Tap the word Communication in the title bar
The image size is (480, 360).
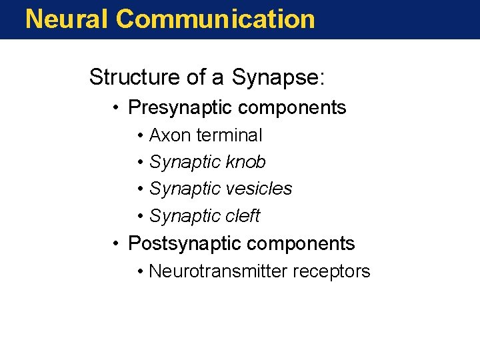pos(215,19)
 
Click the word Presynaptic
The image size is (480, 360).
pos(179,107)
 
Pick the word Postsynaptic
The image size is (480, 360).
pos(184,243)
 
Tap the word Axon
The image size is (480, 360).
pos(169,135)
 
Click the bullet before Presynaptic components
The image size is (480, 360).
pos(116,108)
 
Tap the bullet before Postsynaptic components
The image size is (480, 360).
pos(116,244)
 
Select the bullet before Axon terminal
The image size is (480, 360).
pos(141,136)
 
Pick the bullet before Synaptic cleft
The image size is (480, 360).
pos(141,217)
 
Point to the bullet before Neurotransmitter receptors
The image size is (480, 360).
pos(141,272)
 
